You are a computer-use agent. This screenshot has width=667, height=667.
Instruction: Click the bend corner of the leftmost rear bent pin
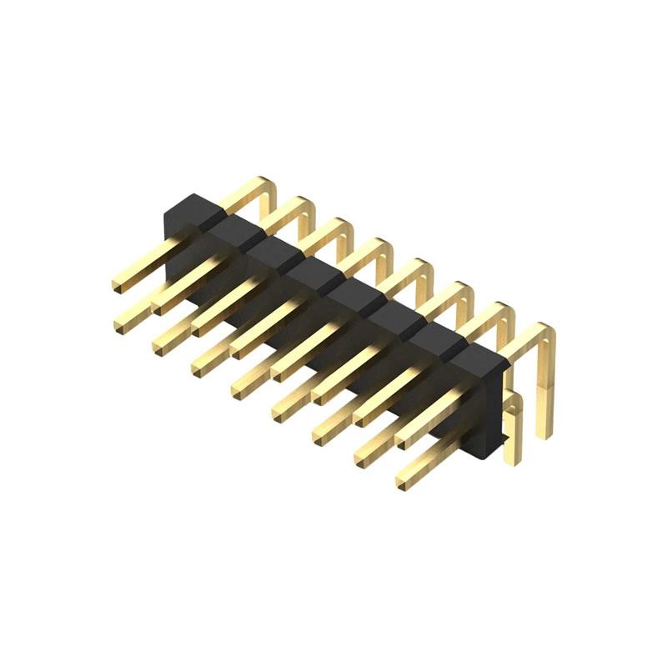tap(268, 184)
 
